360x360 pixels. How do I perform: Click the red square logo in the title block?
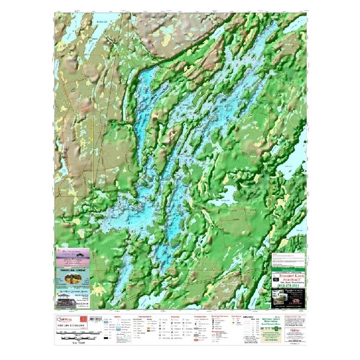click(83, 316)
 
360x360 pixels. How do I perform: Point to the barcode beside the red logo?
click(94, 316)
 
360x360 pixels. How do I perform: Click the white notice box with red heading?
click(286, 260)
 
